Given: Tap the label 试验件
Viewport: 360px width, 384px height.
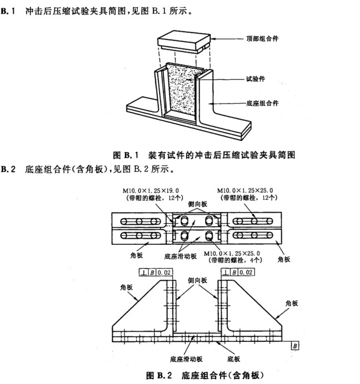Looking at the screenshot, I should point(256,79).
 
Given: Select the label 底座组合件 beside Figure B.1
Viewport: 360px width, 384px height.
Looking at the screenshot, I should point(262,103).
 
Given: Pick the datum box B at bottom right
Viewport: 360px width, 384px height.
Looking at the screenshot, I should point(294,346).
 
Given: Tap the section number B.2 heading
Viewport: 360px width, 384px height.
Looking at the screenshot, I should point(8,167).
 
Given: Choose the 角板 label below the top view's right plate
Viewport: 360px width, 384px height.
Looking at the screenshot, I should point(283,259).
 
